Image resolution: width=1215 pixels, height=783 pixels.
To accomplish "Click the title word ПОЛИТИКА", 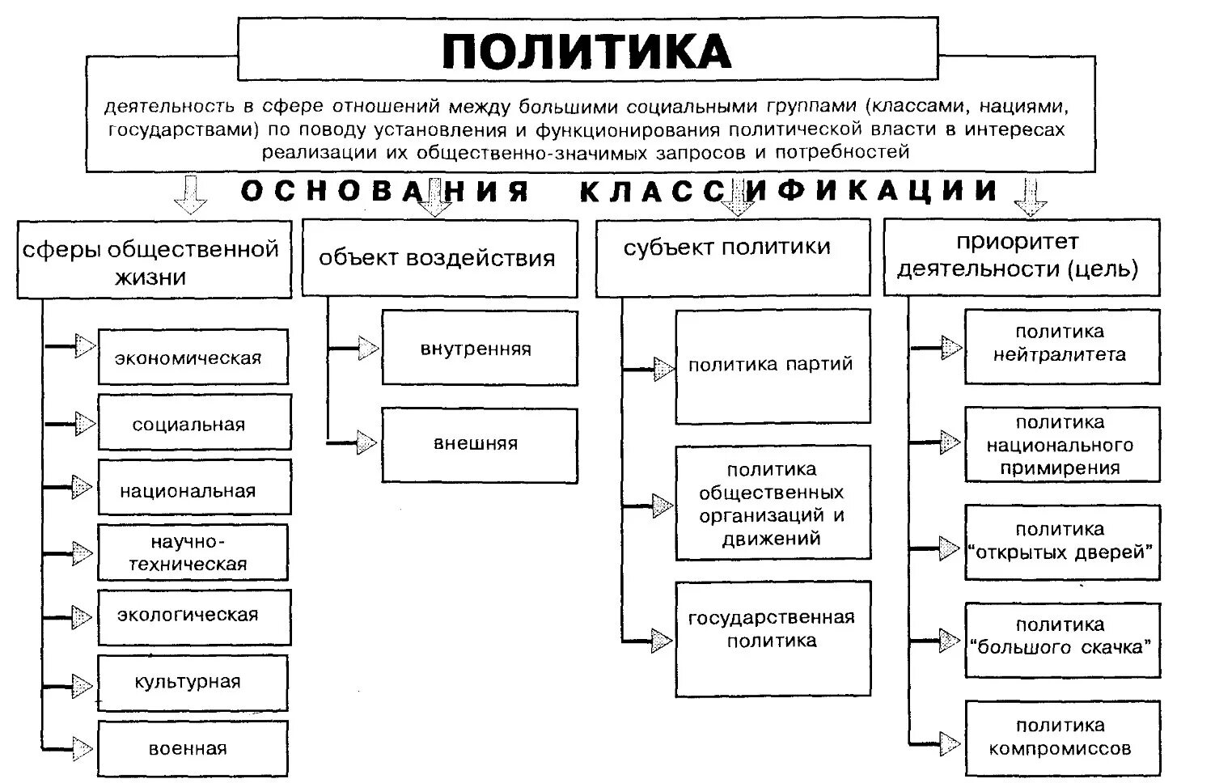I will (x=587, y=52).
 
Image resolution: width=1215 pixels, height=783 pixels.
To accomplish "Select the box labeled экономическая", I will (x=193, y=357).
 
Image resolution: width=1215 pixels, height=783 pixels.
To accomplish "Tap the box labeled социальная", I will (x=193, y=423).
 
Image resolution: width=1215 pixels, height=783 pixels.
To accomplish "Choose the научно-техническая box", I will (x=193, y=552).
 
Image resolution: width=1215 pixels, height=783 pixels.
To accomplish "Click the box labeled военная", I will (x=193, y=748).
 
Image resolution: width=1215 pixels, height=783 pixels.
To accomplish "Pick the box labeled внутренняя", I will (x=479, y=349).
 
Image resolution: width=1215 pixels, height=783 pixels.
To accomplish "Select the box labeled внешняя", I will (x=479, y=445).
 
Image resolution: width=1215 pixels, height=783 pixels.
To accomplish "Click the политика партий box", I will (x=773, y=366).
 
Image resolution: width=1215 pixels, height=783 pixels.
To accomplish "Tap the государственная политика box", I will (x=773, y=638).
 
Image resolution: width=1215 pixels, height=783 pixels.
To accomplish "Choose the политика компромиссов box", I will (x=1061, y=737).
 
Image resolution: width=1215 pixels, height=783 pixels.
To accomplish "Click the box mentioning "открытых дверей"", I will (x=1061, y=542).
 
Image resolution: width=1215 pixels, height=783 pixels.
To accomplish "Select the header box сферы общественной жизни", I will (x=154, y=260).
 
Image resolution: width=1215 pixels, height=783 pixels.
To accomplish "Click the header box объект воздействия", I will (x=439, y=259).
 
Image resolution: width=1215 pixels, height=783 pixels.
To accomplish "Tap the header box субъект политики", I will (x=731, y=257).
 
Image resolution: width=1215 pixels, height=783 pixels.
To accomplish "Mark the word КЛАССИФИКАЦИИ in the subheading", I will (x=790, y=191).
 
